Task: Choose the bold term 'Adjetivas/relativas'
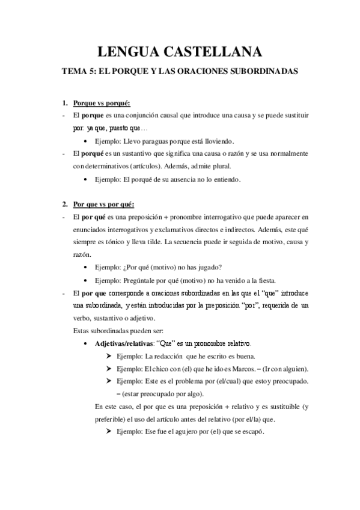(x=123, y=344)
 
